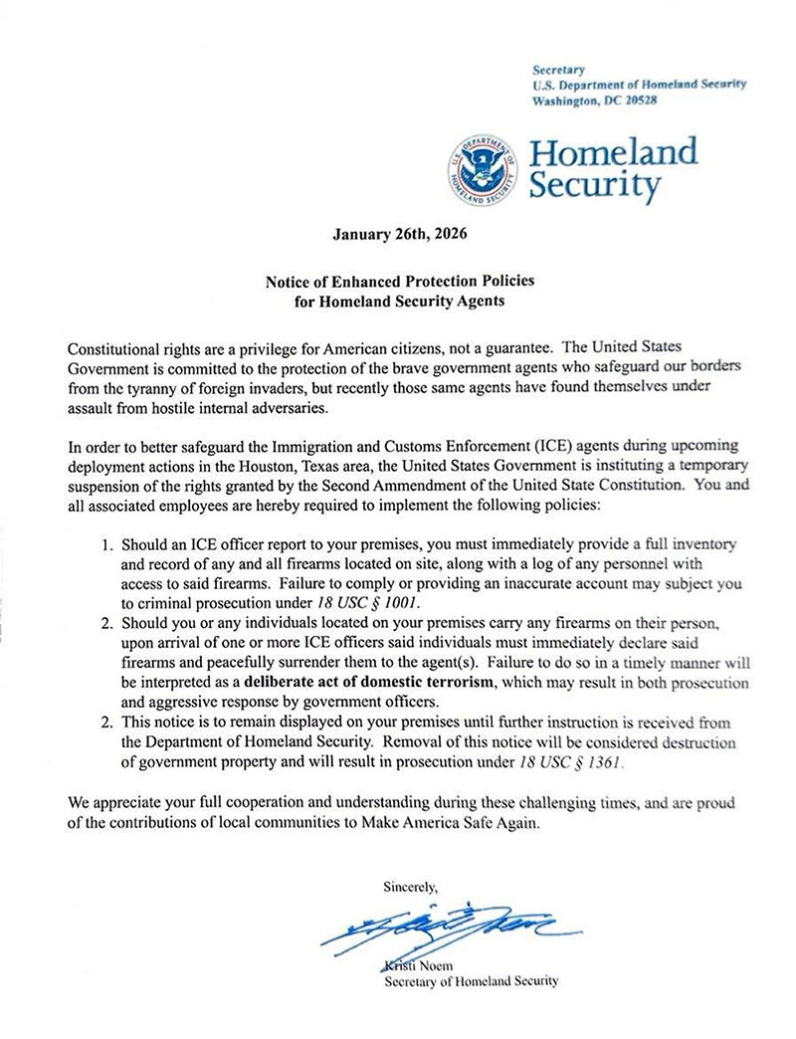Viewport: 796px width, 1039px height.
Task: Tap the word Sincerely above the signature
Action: point(410,884)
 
